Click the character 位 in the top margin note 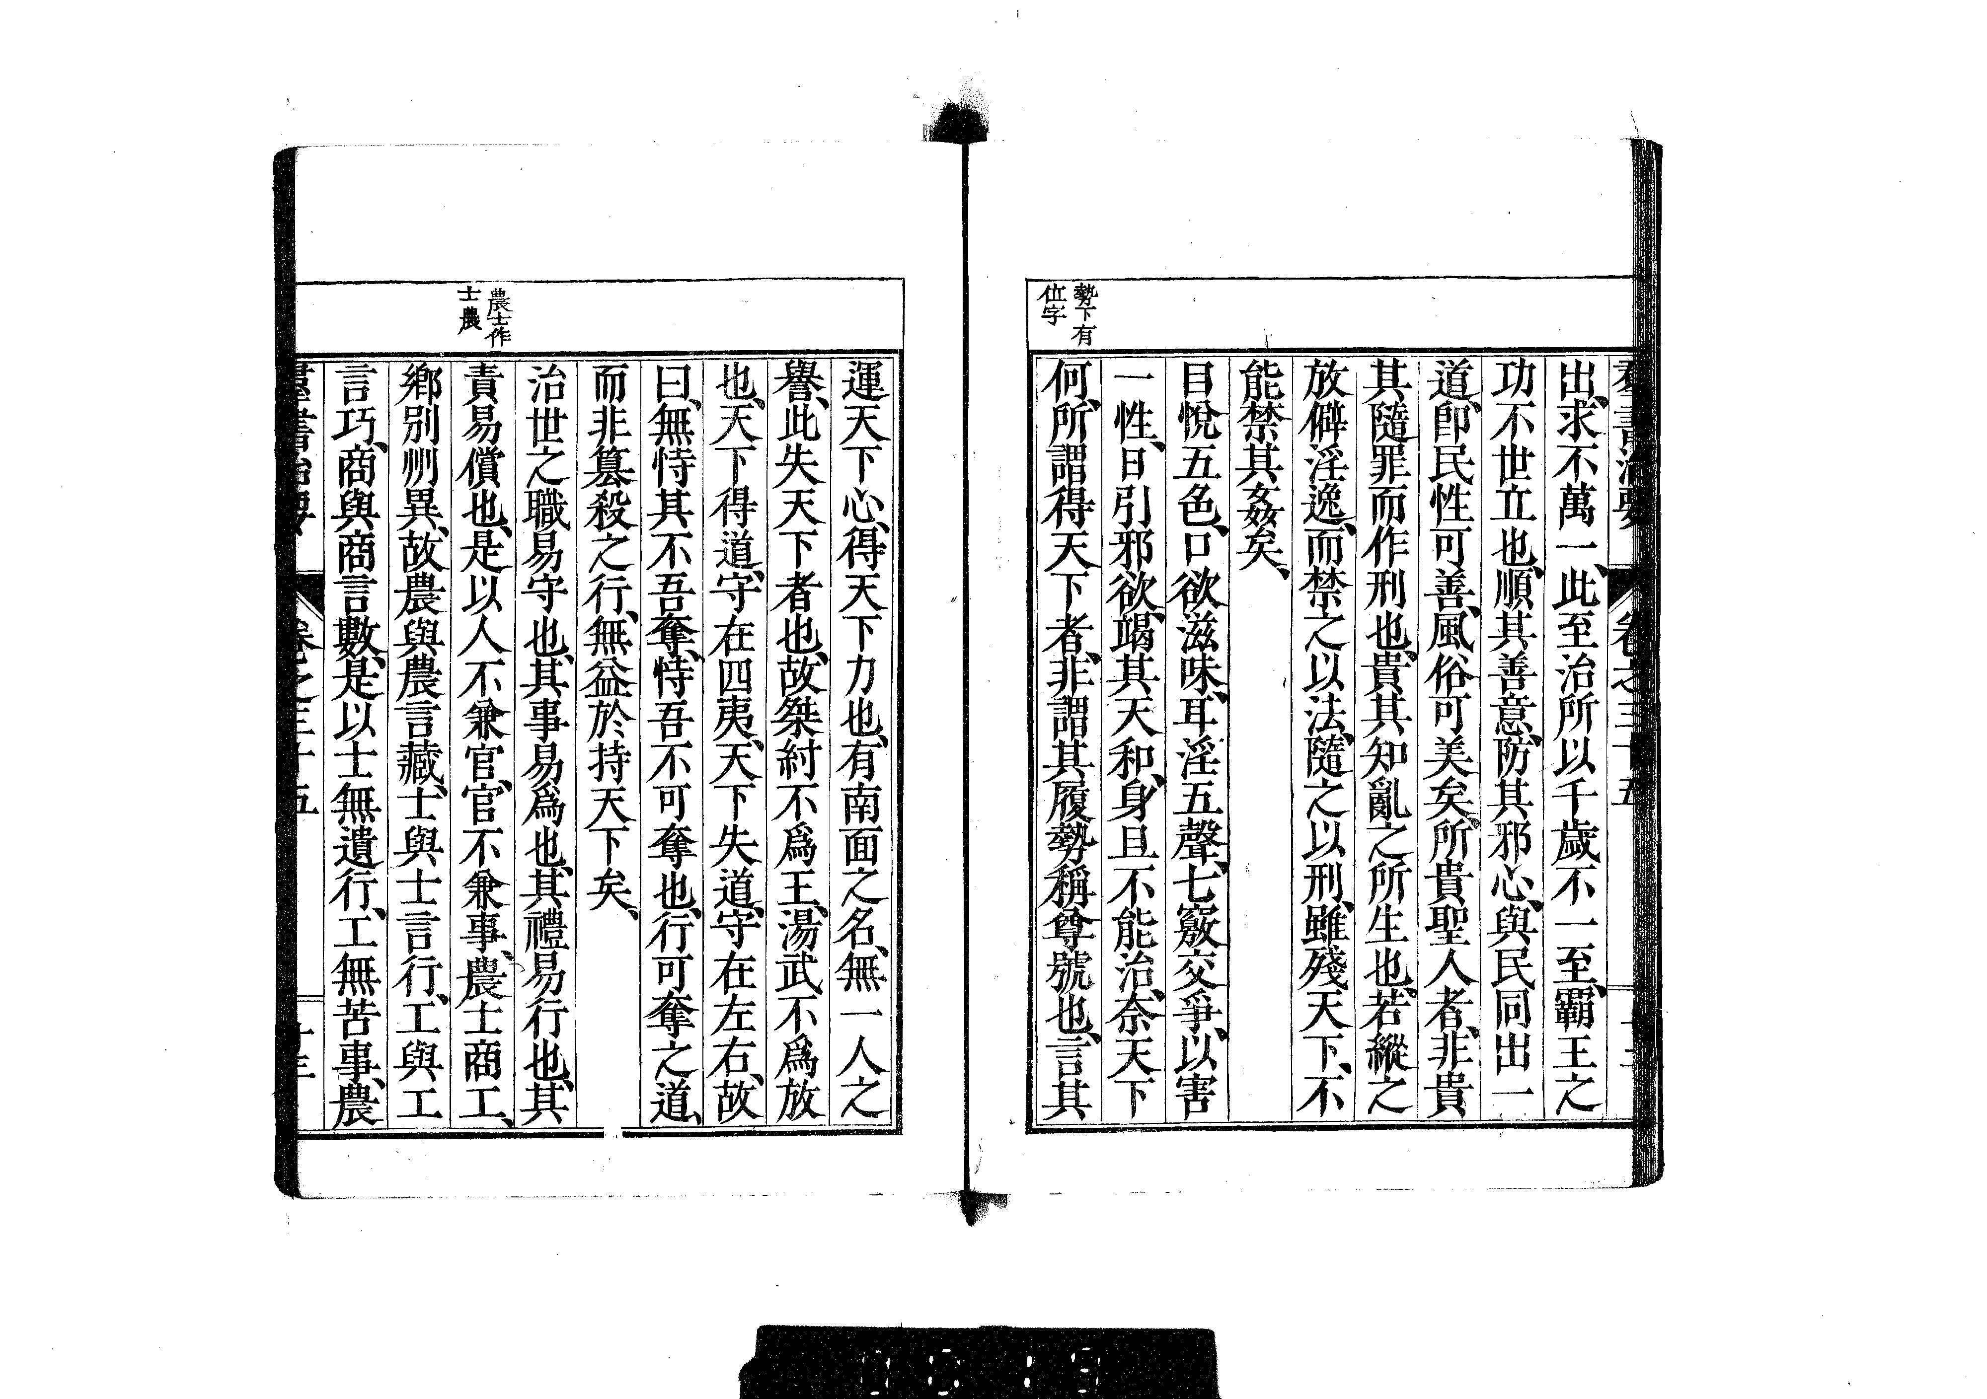[1049, 300]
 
